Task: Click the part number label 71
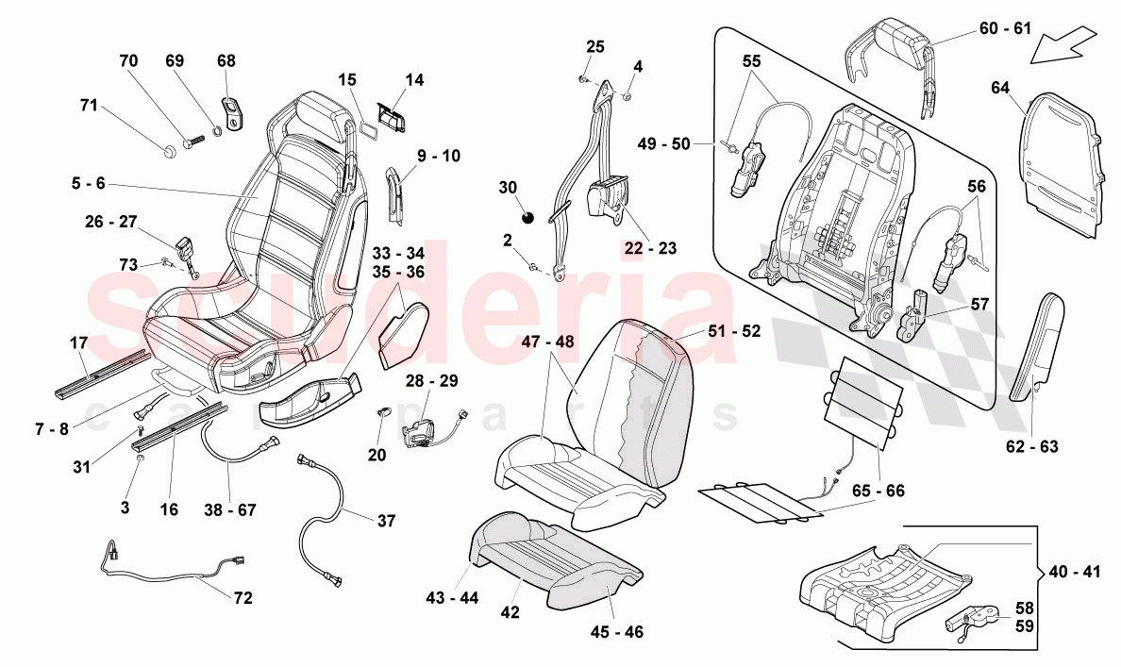(x=89, y=106)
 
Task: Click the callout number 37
(x=386, y=521)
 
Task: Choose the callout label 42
(x=510, y=611)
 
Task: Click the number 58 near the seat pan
(x=1024, y=608)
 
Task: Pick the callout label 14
(x=415, y=80)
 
